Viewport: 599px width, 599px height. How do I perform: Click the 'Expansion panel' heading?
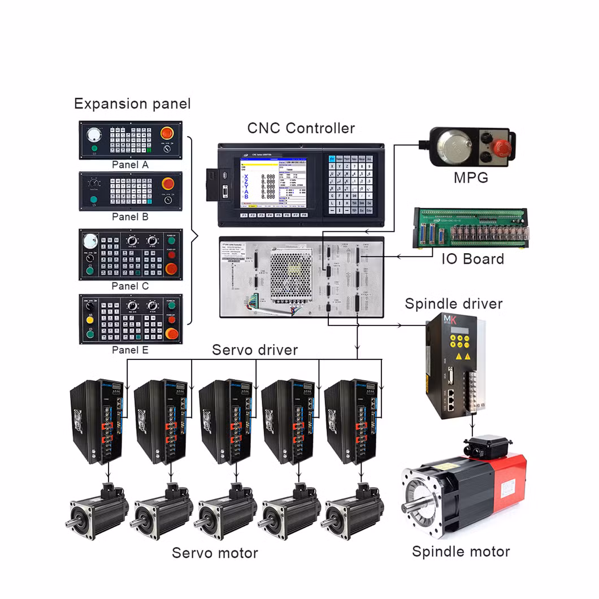click(132, 104)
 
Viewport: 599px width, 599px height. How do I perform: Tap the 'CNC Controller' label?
click(301, 128)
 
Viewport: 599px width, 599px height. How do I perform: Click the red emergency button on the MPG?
click(500, 147)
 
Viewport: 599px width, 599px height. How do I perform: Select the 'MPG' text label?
click(471, 179)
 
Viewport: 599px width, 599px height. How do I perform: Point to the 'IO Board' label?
click(472, 259)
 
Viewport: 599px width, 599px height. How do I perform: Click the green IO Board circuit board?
click(470, 228)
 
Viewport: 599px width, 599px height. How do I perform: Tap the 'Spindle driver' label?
click(453, 303)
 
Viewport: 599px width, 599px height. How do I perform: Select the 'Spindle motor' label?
click(461, 552)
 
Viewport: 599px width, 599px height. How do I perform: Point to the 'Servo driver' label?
click(254, 350)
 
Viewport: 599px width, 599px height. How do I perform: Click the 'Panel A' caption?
click(130, 165)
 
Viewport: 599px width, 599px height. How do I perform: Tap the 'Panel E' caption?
click(130, 350)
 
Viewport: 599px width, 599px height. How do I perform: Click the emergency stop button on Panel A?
click(167, 134)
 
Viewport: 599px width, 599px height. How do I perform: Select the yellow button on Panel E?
click(90, 320)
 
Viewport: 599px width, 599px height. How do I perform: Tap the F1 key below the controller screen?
click(245, 215)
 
